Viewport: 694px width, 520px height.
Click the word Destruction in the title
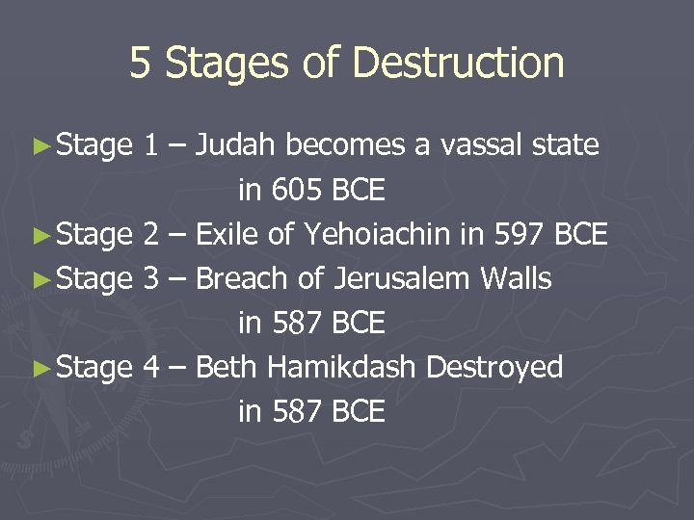point(458,64)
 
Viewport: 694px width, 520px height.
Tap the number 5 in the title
point(141,64)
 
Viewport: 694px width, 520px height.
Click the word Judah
point(234,145)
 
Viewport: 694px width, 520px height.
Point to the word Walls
point(516,278)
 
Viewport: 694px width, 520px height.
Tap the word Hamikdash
point(341,367)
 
